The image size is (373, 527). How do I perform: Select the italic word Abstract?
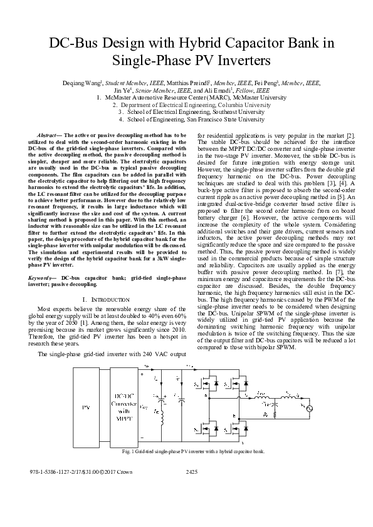[47, 135]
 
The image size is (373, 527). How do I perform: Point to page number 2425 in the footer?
[192, 472]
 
